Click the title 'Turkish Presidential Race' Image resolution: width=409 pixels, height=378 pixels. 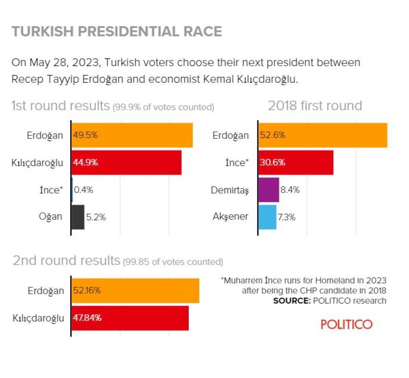117,32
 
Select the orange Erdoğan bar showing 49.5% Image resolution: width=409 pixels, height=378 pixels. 132,135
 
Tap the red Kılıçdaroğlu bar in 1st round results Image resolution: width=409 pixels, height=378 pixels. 126,163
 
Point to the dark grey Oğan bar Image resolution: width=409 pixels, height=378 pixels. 78,217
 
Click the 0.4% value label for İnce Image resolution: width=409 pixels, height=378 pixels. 84,190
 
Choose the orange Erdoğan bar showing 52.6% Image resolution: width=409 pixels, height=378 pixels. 322,135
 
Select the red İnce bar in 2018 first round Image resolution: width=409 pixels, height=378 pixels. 295,163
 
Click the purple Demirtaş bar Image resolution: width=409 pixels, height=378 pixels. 268,190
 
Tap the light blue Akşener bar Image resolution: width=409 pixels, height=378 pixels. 267,217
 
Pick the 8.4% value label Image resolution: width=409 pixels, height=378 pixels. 290,190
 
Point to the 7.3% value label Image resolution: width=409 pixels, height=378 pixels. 287,217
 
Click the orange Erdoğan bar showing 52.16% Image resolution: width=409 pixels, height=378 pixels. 135,291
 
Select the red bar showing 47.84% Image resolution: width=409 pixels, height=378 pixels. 130,318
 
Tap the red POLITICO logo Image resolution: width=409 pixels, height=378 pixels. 346,324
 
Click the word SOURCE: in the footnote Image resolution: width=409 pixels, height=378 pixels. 291,300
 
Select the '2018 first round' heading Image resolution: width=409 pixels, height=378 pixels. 315,106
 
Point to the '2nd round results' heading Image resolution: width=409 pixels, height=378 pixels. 66,260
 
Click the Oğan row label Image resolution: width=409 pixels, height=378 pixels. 50,217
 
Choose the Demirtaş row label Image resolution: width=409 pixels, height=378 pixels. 230,190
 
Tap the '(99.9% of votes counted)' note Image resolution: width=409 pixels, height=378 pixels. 163,107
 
